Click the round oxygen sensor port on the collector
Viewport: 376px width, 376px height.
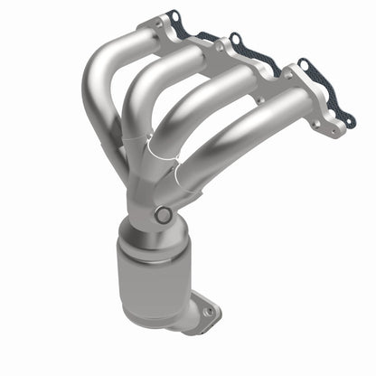pyautogui.click(x=163, y=215)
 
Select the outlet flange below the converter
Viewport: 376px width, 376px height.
pyautogui.click(x=203, y=316)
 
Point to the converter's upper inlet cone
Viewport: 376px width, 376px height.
pyautogui.click(x=145, y=226)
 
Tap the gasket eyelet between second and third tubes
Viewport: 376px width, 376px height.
pyautogui.click(x=236, y=41)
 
